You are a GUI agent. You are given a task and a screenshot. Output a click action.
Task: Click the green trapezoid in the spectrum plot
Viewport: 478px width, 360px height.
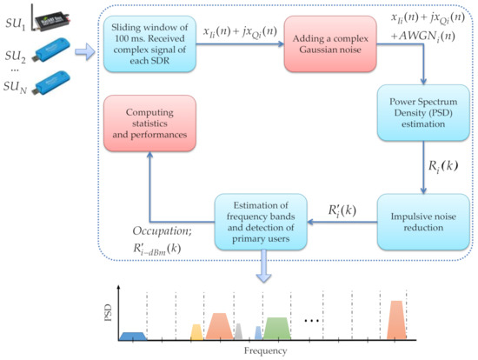pos(276,328)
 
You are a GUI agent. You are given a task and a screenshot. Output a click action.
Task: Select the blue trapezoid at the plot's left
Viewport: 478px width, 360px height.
pos(132,335)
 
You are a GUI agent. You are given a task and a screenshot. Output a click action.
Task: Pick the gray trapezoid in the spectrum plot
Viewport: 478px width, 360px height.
pos(238,330)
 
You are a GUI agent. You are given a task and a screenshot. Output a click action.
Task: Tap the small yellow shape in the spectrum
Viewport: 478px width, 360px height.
pos(196,331)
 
